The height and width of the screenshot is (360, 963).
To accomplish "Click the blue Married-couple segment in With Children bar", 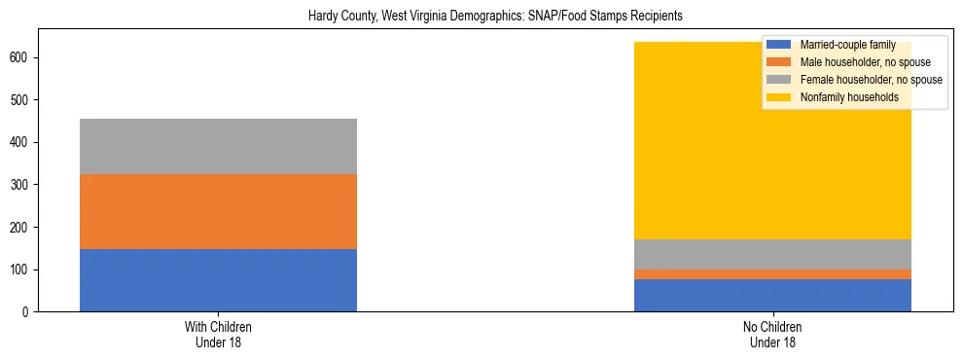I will (x=218, y=280).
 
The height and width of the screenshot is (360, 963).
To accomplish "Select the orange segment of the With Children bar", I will (x=218, y=211).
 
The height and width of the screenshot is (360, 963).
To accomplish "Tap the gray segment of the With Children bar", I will (x=218, y=146).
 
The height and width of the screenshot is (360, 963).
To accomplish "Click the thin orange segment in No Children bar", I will (x=772, y=274).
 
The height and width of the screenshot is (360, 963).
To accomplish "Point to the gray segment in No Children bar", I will (x=772, y=254).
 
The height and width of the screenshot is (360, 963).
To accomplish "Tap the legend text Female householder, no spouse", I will (x=871, y=80).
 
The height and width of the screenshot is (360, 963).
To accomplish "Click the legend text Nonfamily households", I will (x=849, y=97).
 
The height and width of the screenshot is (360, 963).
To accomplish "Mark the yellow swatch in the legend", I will (x=778, y=97).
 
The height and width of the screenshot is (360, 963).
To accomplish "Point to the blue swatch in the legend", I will (x=778, y=45).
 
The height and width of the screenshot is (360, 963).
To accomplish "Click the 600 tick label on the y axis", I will (x=19, y=57).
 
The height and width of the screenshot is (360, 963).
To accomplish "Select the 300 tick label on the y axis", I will (x=19, y=185).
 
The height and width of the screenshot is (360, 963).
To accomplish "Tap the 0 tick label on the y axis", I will (x=26, y=311).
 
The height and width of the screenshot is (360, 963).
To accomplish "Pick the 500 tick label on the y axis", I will (x=19, y=100).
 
